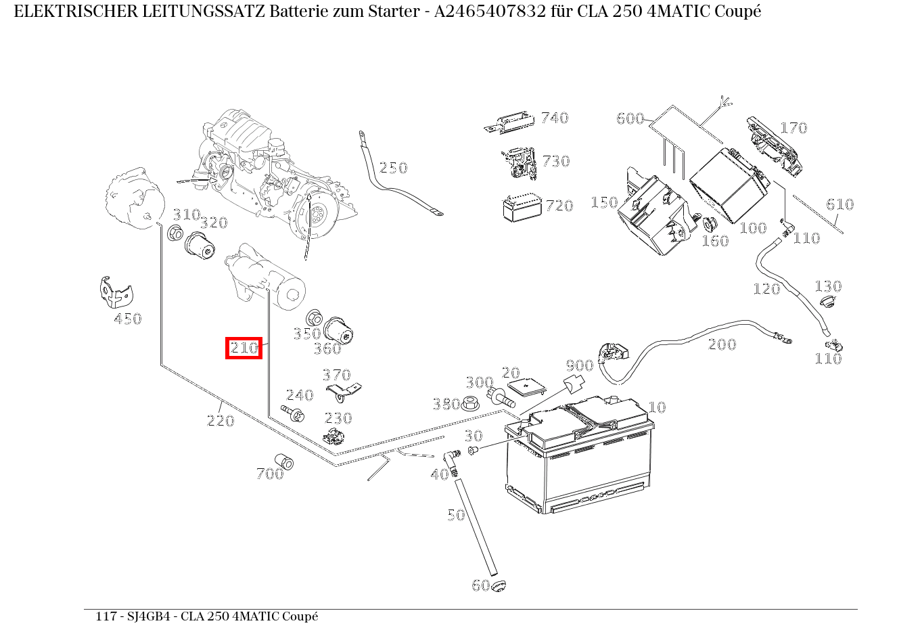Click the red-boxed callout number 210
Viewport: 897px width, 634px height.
tap(244, 348)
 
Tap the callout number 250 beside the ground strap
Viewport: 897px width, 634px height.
tap(393, 167)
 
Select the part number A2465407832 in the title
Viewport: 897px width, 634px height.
tap(490, 12)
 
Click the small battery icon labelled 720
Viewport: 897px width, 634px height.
tap(522, 208)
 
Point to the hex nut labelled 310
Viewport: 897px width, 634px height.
tap(175, 233)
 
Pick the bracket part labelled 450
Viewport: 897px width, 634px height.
tap(116, 292)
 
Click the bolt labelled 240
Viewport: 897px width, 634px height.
tap(293, 413)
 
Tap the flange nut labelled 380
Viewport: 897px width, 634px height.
tap(470, 403)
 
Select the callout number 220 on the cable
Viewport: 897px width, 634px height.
tap(221, 421)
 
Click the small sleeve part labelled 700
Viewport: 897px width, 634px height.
tap(284, 461)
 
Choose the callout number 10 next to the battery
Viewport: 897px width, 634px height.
tap(657, 407)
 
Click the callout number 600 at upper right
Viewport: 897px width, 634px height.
tap(630, 118)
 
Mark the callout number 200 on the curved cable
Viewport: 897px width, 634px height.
tap(722, 344)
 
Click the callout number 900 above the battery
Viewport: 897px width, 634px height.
tap(580, 365)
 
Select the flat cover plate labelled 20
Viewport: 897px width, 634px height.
tap(527, 388)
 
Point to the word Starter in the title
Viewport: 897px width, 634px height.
tap(394, 12)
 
